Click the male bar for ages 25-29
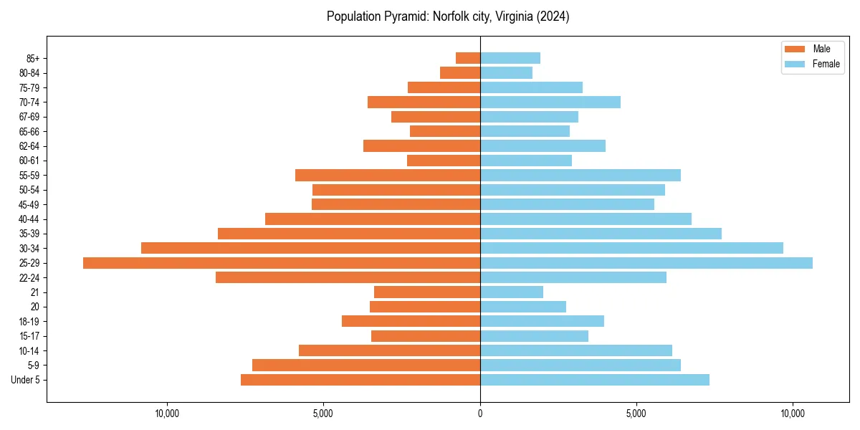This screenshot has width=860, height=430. coord(282,263)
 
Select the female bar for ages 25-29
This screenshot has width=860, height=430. coord(646,263)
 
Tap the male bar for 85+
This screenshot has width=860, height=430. coord(468,58)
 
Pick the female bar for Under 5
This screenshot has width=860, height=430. coord(595,380)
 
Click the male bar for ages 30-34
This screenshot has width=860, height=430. coord(310,248)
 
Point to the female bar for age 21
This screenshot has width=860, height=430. coord(512,292)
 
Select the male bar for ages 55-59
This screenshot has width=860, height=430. coord(388,175)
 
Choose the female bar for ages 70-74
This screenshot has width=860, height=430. coord(550,102)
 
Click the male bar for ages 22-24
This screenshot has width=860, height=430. coord(348,277)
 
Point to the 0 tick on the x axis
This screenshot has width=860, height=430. coord(480,414)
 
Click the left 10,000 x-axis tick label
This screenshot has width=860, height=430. coord(167,414)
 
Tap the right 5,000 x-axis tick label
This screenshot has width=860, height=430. coord(636,414)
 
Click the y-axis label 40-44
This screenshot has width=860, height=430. coord(29,219)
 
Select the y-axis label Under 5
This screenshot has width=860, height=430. coord(25,380)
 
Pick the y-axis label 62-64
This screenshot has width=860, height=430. coord(29,146)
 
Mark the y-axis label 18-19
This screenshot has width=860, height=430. coord(29,321)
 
